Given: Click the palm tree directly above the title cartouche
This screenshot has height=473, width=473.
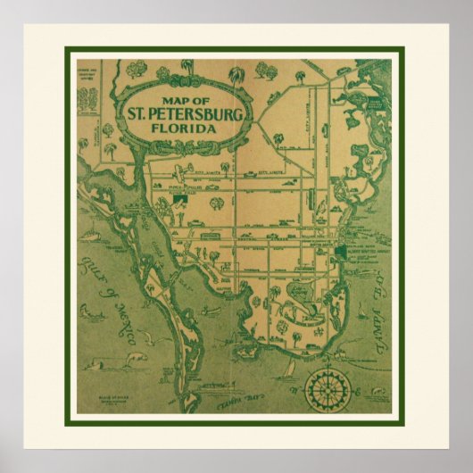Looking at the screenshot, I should coord(187,68).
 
